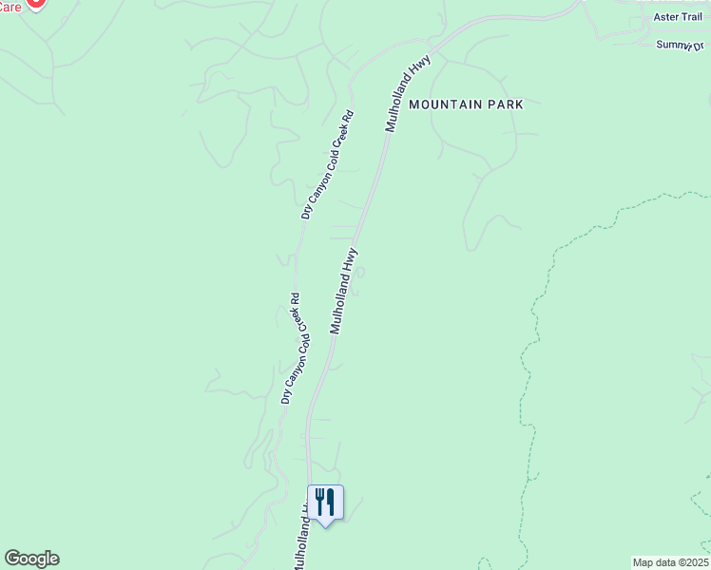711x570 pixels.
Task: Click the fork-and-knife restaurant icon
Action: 325,503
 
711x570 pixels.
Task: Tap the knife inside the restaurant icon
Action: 331,501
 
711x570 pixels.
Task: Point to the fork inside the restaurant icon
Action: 320,501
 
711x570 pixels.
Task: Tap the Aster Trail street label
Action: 677,17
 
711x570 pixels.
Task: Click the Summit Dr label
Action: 682,45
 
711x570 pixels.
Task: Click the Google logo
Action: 31,559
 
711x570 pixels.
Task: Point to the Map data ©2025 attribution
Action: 671,562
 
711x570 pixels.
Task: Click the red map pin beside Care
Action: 35,3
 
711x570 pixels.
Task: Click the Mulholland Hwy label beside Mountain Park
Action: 408,93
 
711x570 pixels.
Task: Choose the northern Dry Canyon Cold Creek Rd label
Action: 327,165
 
